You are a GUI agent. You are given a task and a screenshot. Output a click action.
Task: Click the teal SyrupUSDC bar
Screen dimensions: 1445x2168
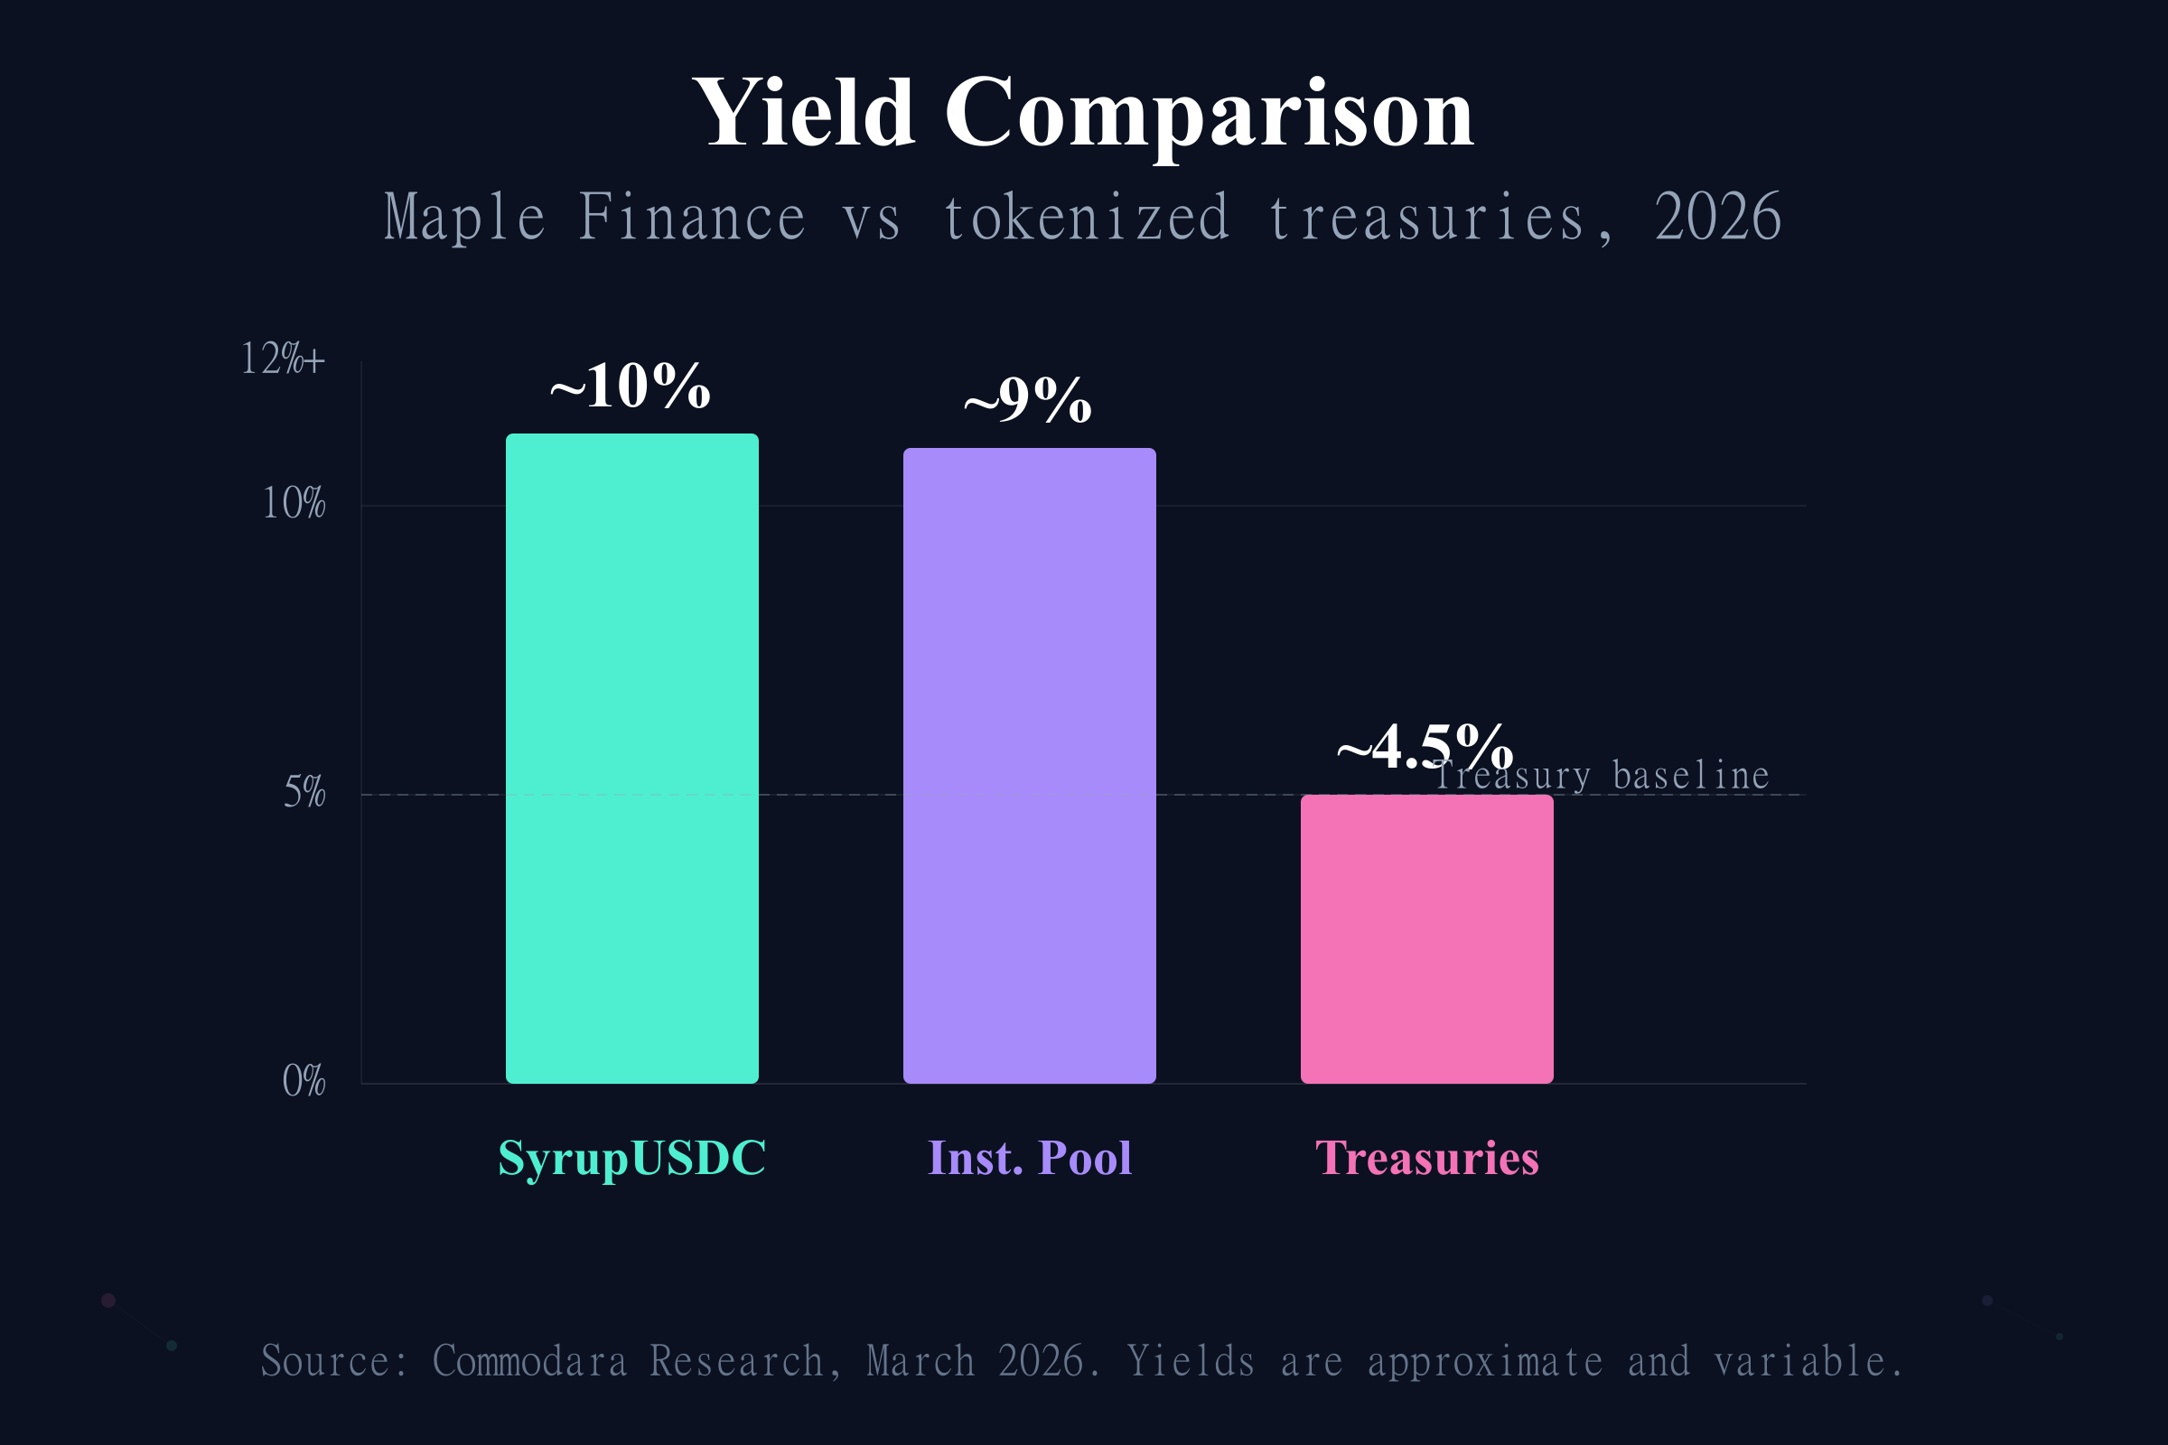click(631, 758)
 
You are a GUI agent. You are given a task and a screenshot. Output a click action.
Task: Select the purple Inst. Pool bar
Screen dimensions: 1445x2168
click(1029, 765)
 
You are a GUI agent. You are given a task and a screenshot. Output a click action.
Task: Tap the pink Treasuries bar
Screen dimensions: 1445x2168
click(1426, 938)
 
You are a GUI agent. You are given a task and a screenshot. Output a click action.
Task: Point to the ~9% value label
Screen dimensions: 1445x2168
click(1028, 400)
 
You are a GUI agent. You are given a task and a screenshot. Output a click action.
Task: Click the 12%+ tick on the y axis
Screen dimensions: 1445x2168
click(282, 359)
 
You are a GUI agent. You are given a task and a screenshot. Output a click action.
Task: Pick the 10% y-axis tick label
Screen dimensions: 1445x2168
click(294, 503)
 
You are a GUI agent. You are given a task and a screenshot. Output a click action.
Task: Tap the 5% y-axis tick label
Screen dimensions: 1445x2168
click(304, 792)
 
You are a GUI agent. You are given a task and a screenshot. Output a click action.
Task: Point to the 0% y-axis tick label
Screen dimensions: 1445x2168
click(304, 1080)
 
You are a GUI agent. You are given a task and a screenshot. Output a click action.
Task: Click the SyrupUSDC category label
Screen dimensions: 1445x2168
click(631, 1158)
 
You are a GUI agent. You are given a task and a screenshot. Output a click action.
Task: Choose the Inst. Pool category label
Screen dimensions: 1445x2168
click(1029, 1158)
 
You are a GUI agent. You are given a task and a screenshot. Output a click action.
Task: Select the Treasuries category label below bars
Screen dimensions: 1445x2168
click(1426, 1158)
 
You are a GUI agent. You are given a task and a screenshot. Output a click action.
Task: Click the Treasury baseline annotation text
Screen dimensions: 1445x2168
click(1602, 775)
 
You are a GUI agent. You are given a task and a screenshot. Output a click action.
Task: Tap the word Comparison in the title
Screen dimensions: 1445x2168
click(1209, 115)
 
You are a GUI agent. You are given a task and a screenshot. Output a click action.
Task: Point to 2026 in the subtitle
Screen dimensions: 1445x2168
click(1717, 218)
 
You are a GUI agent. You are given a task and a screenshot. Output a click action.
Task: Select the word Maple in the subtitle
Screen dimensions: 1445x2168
click(463, 219)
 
